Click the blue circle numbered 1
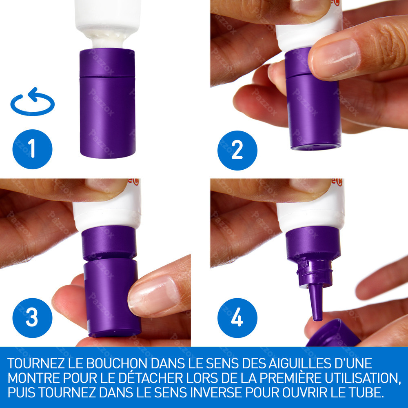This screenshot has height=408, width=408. coord(32,149)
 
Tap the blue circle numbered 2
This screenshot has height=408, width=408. coord(237,150)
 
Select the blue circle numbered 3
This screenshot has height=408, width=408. coord(32,318)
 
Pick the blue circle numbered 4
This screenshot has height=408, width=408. coord(237,318)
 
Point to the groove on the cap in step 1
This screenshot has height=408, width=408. coord(107,76)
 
